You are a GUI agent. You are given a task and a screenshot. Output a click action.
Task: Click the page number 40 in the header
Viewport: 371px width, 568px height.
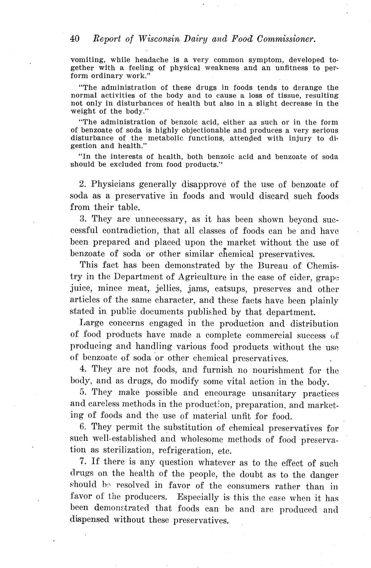[x=75, y=39]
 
